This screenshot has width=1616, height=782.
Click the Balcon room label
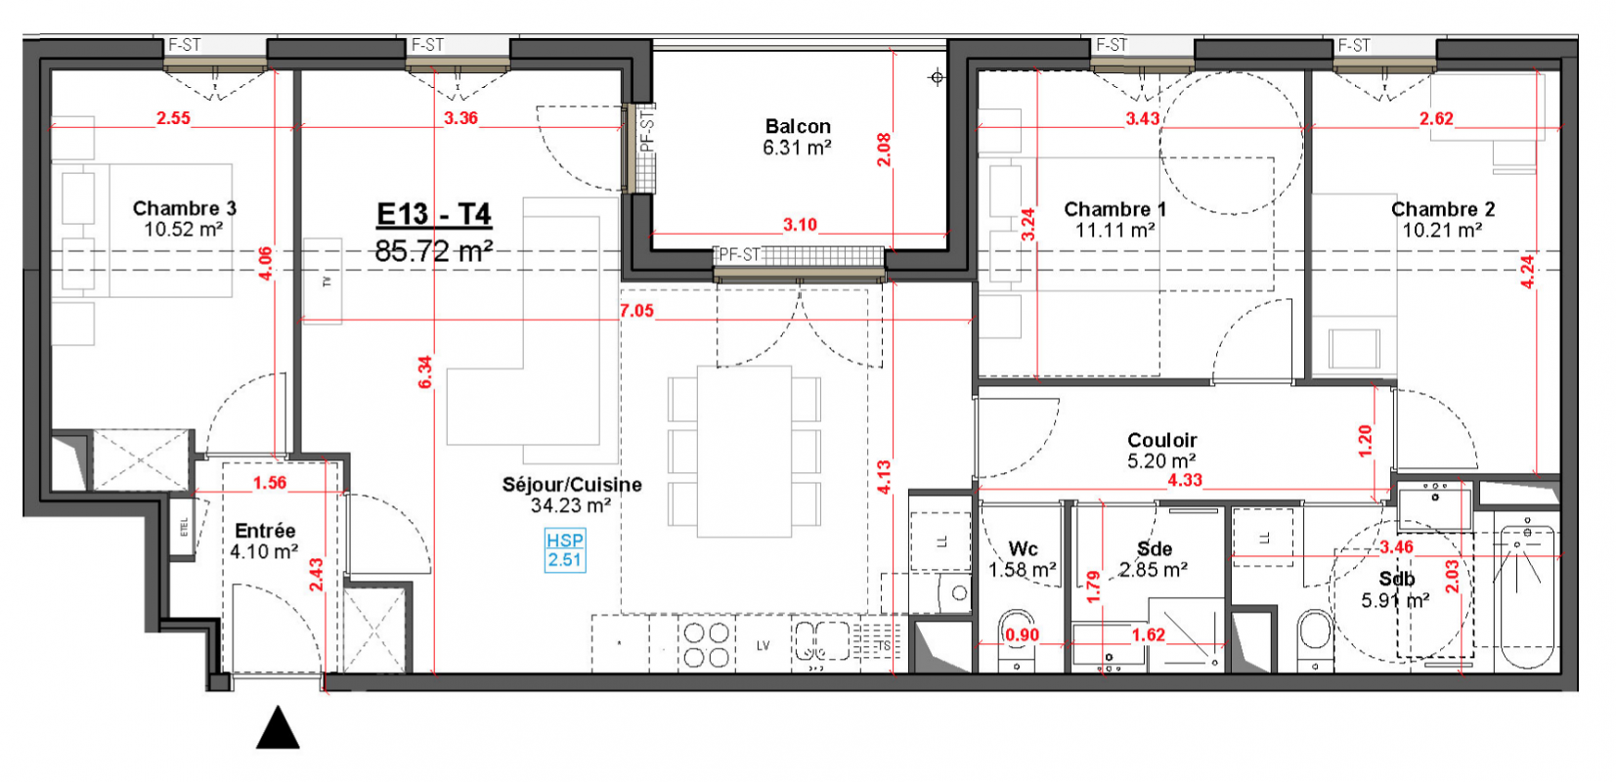pyautogui.click(x=798, y=126)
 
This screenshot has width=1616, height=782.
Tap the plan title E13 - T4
pyautogui.click(x=434, y=214)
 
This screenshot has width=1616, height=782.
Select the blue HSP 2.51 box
pyautogui.click(x=565, y=550)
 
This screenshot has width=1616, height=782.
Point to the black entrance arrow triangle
pyautogui.click(x=278, y=727)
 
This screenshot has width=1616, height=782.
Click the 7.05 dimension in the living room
pyautogui.click(x=636, y=311)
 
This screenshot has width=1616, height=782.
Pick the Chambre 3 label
pyautogui.click(x=184, y=208)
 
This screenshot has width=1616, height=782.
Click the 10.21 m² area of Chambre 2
pyautogui.click(x=1442, y=231)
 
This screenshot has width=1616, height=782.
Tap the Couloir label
pyautogui.click(x=1161, y=440)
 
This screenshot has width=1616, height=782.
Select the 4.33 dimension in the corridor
pyautogui.click(x=1185, y=481)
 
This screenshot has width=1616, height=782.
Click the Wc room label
pyautogui.click(x=1023, y=549)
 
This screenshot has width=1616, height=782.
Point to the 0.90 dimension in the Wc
pyautogui.click(x=1022, y=634)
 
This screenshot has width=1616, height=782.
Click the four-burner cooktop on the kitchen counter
pyautogui.click(x=706, y=645)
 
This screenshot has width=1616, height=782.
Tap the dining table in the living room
pyautogui.click(x=745, y=452)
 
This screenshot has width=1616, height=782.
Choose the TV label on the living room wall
pyautogui.click(x=327, y=282)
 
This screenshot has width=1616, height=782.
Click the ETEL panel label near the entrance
pyautogui.click(x=184, y=527)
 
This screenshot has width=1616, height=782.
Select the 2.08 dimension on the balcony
pyautogui.click(x=884, y=151)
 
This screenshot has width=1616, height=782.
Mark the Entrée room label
pyautogui.click(x=265, y=531)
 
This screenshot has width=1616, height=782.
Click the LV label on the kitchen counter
pyautogui.click(x=763, y=646)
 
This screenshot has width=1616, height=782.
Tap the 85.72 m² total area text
pyautogui.click(x=434, y=251)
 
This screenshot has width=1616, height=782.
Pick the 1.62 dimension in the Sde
pyautogui.click(x=1148, y=634)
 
